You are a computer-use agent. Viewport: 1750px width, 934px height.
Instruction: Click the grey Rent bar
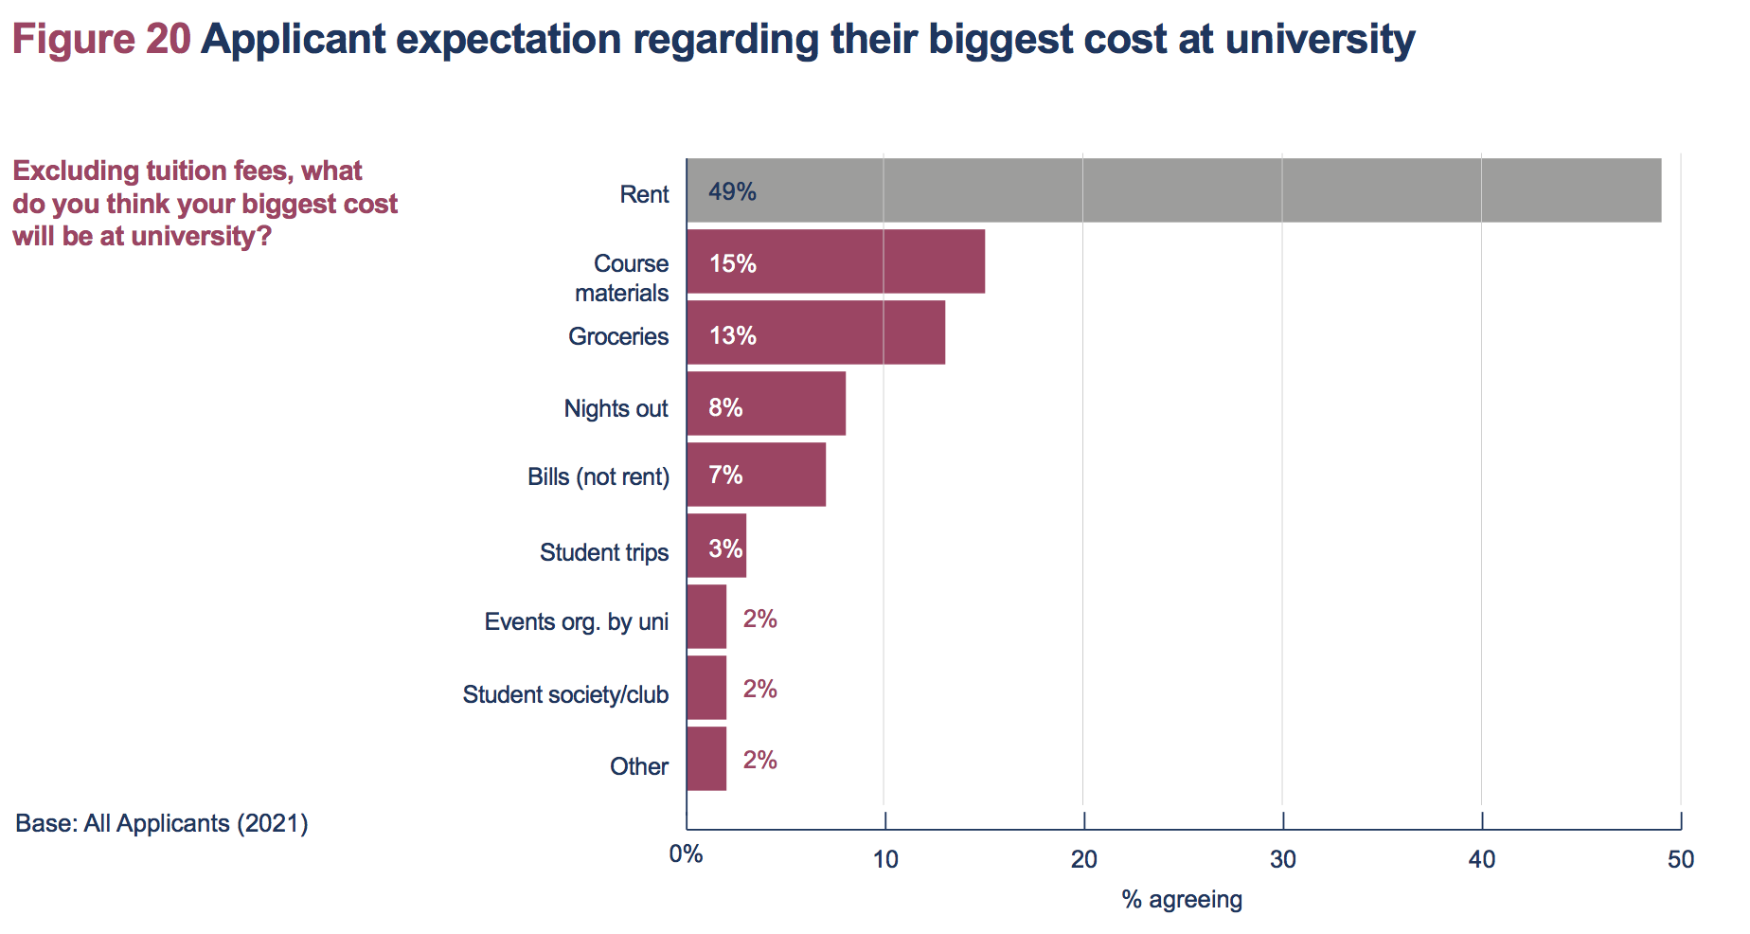pos(1174,190)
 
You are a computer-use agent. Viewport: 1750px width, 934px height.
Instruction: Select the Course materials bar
pos(835,261)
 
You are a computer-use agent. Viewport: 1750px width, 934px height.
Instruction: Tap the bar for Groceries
pos(815,332)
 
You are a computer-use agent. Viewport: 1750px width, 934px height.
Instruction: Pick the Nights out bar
pos(766,404)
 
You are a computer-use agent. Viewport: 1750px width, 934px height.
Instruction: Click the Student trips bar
pos(717,546)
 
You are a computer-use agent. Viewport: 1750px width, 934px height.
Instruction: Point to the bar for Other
pos(706,759)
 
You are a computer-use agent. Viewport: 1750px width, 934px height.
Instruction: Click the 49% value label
pos(732,192)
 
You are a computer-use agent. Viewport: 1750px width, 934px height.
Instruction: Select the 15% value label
pos(732,263)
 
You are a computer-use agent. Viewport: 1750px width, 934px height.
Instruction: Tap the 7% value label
pos(725,475)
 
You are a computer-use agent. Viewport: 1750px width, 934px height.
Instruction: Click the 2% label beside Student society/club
pos(759,689)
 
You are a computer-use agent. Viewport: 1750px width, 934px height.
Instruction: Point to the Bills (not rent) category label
pos(598,476)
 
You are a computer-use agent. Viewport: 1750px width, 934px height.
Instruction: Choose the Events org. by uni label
pos(576,621)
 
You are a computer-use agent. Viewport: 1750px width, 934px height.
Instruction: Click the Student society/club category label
pos(565,694)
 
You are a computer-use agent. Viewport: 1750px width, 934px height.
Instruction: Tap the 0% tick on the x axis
pos(686,854)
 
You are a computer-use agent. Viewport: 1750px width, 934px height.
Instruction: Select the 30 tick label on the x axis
pos(1282,859)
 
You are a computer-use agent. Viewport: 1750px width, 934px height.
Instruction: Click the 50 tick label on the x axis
pos(1681,859)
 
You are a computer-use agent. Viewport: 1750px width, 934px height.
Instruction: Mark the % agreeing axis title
pos(1182,899)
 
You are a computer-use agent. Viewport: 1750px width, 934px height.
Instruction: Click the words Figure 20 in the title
pos(101,40)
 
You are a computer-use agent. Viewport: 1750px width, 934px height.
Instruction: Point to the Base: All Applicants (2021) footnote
pos(162,823)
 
